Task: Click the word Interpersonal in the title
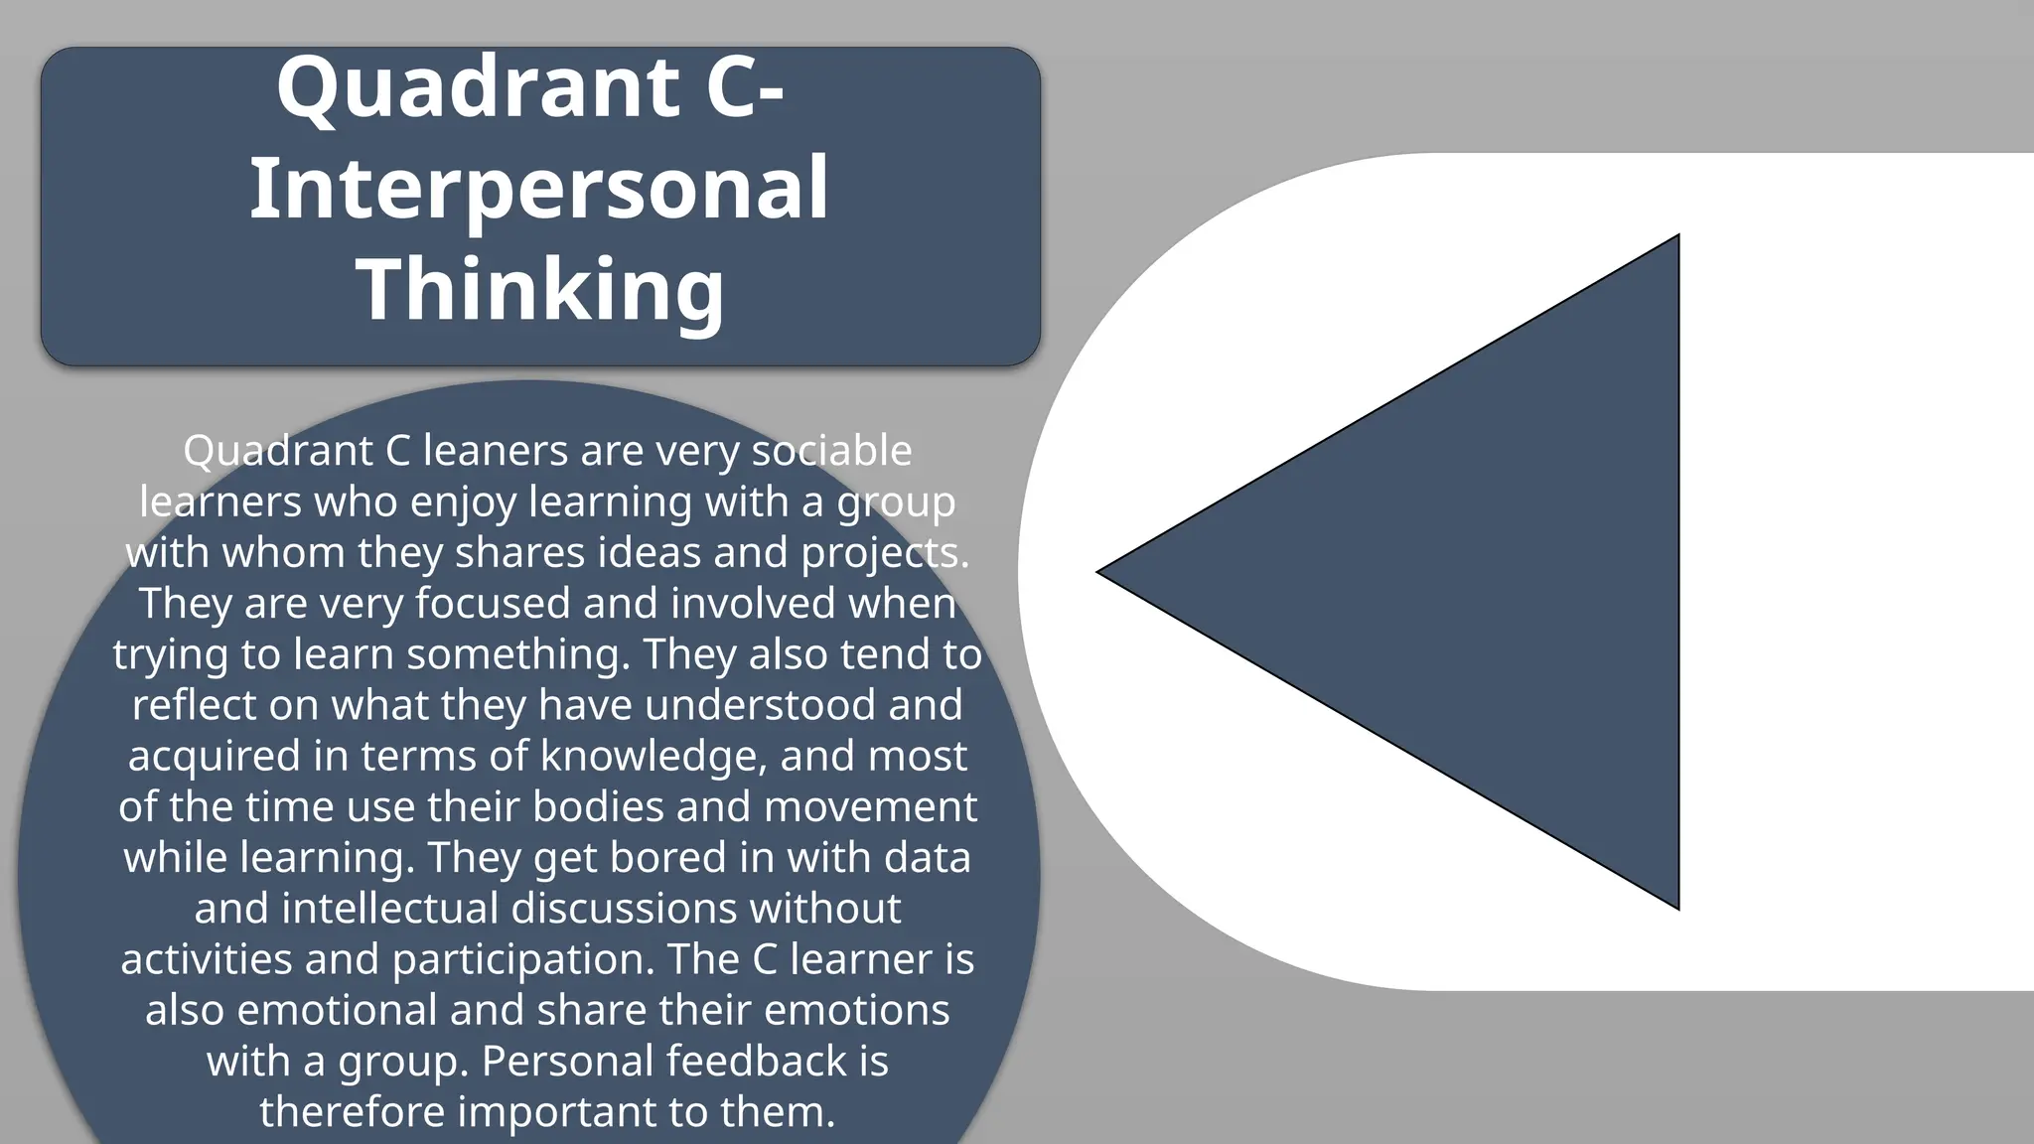tap(538, 189)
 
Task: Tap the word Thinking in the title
tap(540, 289)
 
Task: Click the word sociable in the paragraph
tap(831, 452)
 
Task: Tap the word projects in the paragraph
tap(880, 553)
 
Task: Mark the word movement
tap(870, 806)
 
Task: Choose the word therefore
tap(352, 1111)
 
